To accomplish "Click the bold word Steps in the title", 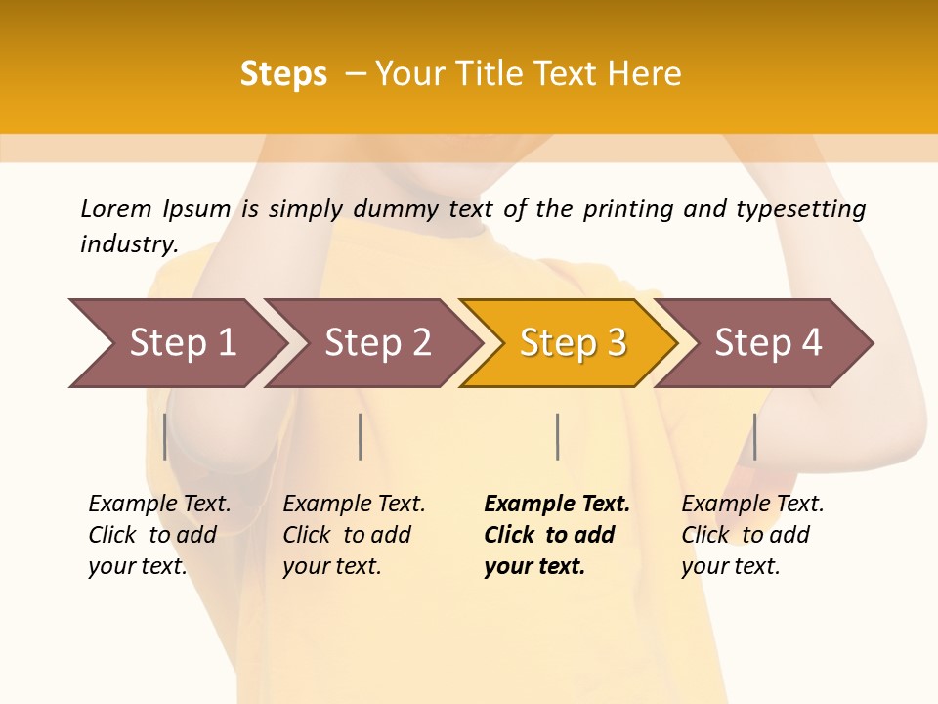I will [283, 73].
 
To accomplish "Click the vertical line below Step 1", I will [164, 436].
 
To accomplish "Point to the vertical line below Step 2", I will [361, 436].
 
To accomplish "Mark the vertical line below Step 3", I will [557, 436].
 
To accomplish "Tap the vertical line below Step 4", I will [754, 436].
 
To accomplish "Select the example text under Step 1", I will [158, 535].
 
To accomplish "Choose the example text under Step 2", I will [353, 535].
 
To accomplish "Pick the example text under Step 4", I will [751, 535].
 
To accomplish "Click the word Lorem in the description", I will [116, 208].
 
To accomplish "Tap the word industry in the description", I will [128, 244].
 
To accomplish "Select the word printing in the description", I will [628, 208].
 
